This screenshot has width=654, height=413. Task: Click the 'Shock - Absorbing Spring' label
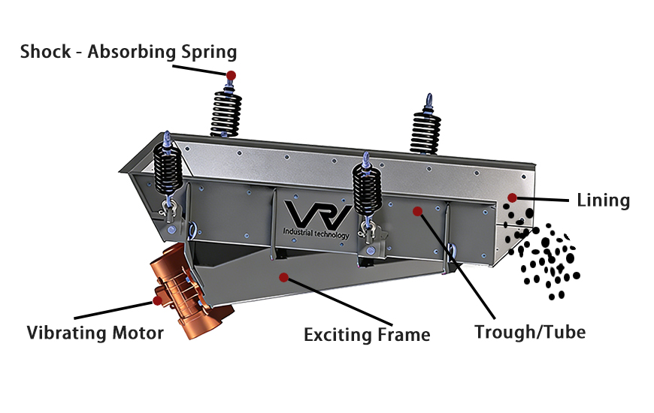[129, 52]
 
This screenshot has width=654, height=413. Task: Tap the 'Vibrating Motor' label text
[95, 333]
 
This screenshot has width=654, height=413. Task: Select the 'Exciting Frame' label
[367, 334]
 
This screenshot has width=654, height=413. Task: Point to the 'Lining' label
[603, 200]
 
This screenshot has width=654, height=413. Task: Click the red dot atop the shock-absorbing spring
[231, 76]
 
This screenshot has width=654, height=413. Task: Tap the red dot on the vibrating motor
[157, 300]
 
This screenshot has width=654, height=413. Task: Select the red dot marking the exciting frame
[283, 277]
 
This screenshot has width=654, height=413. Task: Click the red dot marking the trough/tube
[417, 212]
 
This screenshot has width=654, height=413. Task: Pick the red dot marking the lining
[512, 198]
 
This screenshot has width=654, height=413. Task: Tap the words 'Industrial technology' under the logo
[316, 234]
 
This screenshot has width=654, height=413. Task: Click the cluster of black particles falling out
[545, 255]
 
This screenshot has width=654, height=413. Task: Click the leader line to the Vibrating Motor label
[113, 309]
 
